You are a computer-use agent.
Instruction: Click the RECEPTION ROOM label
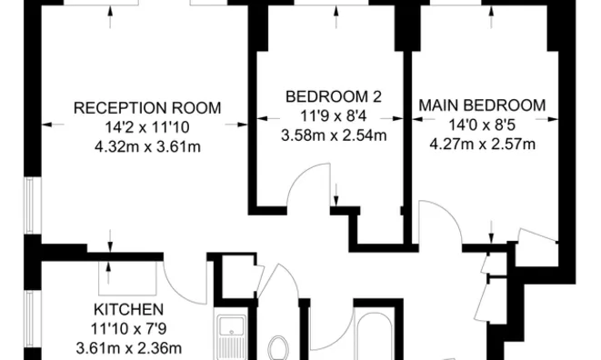point(147,106)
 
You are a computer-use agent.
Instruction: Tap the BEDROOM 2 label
point(333,96)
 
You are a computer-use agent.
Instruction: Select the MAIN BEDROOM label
point(482,105)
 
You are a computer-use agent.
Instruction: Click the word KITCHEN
point(127,309)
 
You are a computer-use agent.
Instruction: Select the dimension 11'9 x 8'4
point(333,116)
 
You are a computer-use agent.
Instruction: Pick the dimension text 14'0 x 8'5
point(482,125)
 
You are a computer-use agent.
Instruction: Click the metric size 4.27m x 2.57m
point(482,144)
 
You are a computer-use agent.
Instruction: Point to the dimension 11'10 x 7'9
point(127,328)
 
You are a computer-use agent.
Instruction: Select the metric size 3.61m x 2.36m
point(127,347)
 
